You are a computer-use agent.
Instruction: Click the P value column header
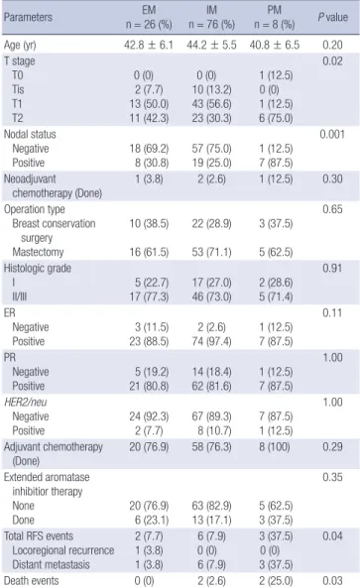[332, 17]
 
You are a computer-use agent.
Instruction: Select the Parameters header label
[28, 17]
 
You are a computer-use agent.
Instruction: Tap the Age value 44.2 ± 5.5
[211, 45]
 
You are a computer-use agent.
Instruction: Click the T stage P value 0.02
[332, 61]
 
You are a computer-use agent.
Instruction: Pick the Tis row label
[18, 89]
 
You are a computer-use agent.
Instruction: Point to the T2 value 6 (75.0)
[276, 118]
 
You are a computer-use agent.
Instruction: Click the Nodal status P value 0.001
[332, 134]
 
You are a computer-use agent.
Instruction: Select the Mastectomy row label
[38, 252]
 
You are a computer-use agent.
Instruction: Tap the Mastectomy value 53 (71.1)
[211, 252]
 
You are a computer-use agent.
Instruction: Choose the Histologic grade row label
[38, 268]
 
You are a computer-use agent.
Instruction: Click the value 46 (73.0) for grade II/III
[211, 296]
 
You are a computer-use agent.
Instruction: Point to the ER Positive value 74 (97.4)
[211, 341]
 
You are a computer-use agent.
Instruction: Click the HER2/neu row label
[26, 402]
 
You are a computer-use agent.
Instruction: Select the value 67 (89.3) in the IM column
[211, 416]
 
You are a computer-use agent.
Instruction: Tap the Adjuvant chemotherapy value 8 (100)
[275, 446]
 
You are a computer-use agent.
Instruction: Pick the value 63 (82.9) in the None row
[211, 506]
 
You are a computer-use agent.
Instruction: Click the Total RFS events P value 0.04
[332, 535]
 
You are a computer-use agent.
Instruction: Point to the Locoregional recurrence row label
[63, 550]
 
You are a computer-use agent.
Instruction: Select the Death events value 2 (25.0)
[276, 581]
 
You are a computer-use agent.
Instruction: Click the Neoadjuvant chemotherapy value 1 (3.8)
[149, 178]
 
